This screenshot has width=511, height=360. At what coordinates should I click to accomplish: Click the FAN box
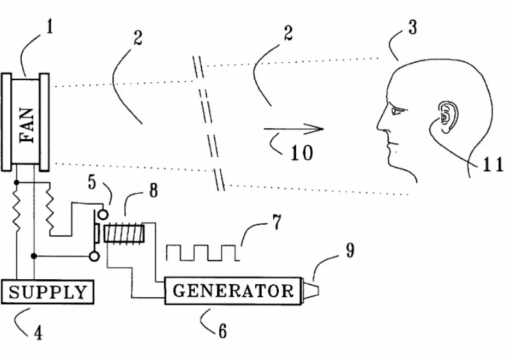point(26,122)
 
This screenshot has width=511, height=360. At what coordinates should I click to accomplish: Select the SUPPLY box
point(48,293)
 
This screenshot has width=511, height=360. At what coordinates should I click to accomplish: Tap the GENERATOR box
point(233,291)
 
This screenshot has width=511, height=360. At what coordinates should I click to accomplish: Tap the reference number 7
point(276,224)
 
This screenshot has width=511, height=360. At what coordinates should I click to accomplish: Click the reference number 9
point(349,250)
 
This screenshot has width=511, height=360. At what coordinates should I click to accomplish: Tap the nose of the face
point(381,128)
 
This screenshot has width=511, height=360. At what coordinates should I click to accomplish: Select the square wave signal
point(203,252)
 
